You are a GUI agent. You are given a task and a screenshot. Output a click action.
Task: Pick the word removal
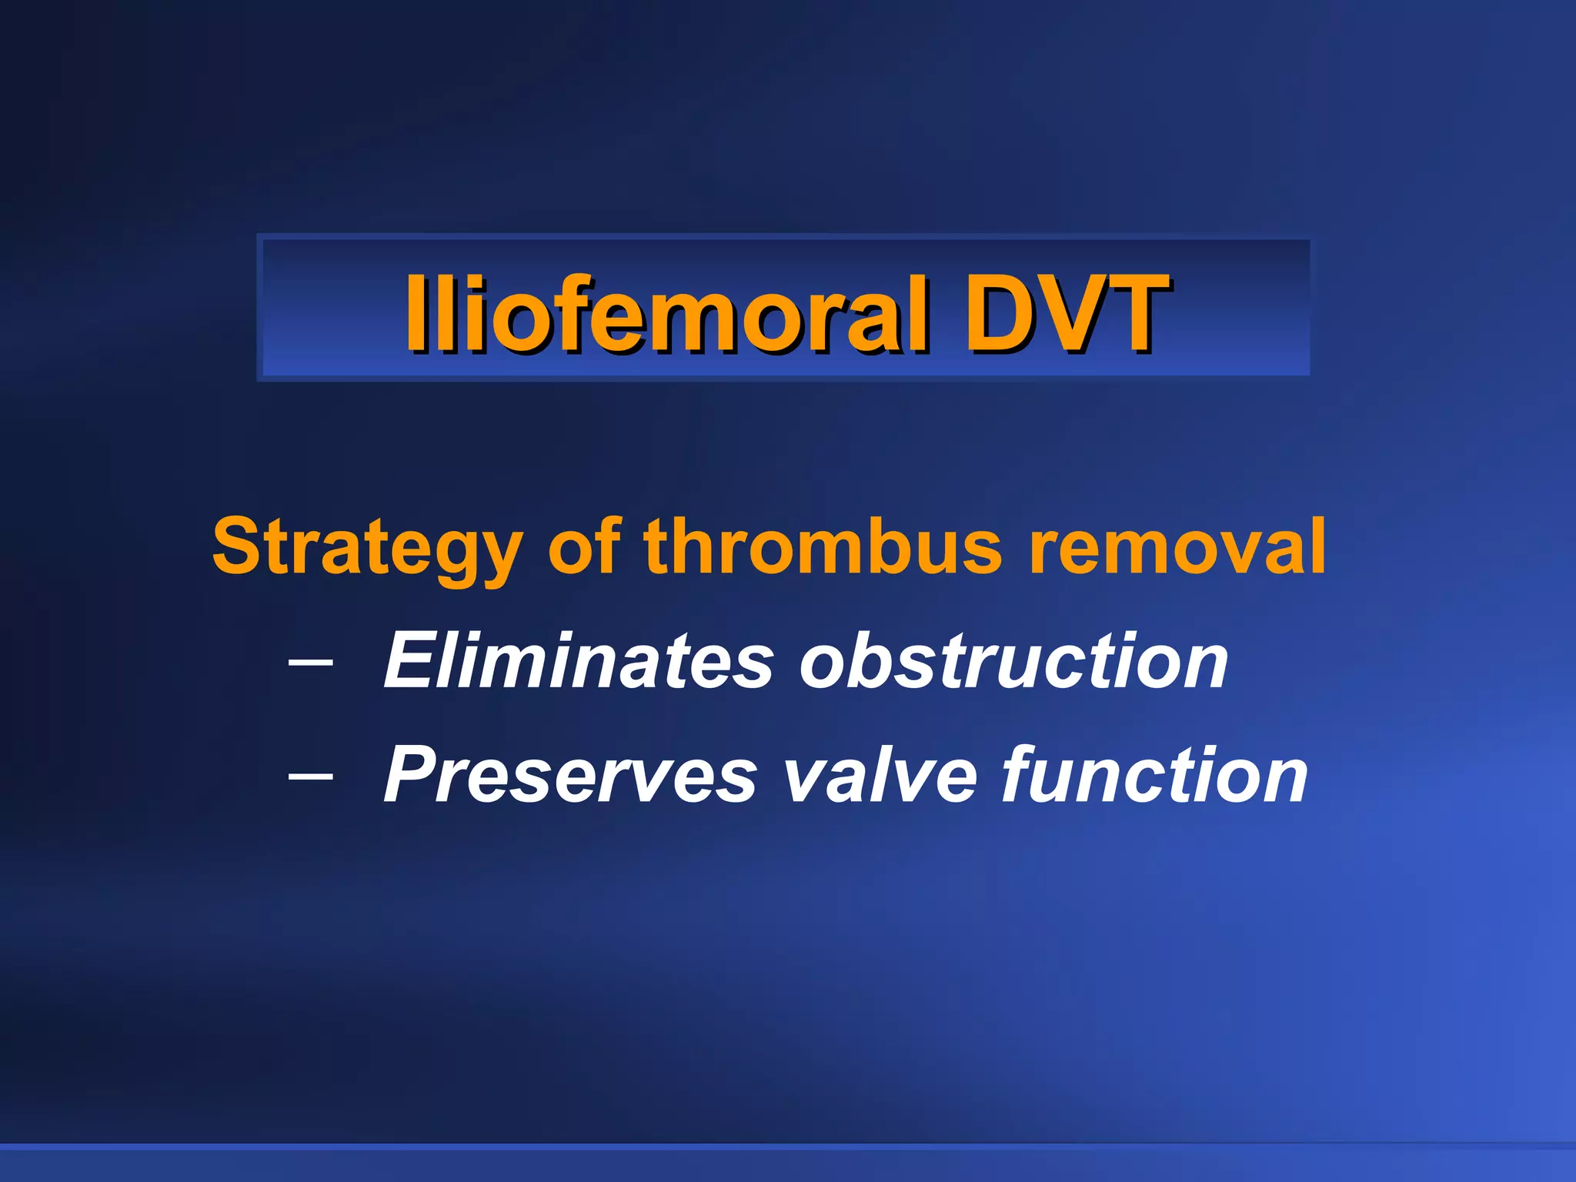(1177, 546)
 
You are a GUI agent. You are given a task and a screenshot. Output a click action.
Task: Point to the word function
(1154, 776)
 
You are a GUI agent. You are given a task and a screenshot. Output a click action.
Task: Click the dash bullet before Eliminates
(311, 661)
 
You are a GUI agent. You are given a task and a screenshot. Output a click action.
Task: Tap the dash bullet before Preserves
(311, 776)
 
